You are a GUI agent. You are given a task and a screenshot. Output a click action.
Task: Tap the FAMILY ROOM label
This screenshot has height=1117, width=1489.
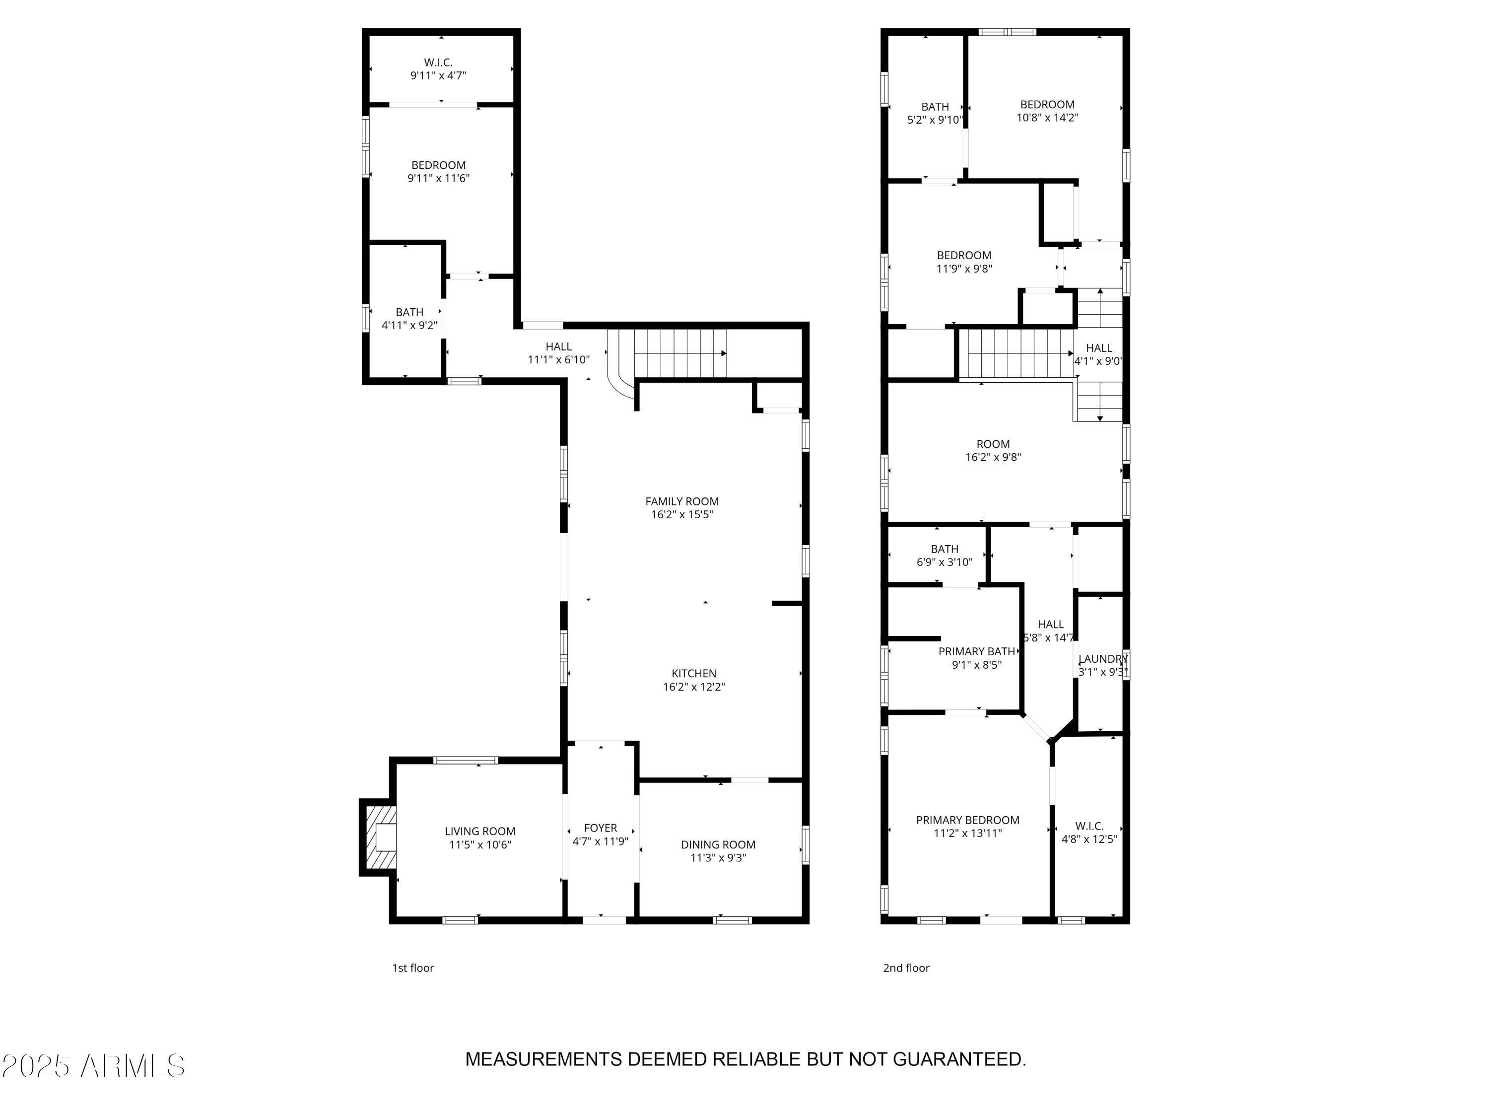pyautogui.click(x=681, y=501)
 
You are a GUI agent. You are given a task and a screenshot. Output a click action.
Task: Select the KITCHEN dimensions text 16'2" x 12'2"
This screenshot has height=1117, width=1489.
pyautogui.click(x=693, y=687)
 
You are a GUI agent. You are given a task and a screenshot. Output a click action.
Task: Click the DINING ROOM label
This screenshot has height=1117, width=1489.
pyautogui.click(x=718, y=844)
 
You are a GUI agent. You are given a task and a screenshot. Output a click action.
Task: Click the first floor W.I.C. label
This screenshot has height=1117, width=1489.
pyautogui.click(x=438, y=63)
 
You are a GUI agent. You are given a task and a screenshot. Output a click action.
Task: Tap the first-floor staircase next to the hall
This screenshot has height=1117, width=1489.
pyautogui.click(x=680, y=353)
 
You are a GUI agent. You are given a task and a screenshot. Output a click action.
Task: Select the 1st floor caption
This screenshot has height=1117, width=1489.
pyautogui.click(x=412, y=968)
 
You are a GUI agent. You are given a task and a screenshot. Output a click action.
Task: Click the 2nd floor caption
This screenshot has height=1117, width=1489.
pyautogui.click(x=905, y=968)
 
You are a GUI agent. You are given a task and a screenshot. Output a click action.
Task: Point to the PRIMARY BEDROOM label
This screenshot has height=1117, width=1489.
pyautogui.click(x=967, y=820)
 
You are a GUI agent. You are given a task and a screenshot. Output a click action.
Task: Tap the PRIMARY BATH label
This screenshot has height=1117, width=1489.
pyautogui.click(x=976, y=651)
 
